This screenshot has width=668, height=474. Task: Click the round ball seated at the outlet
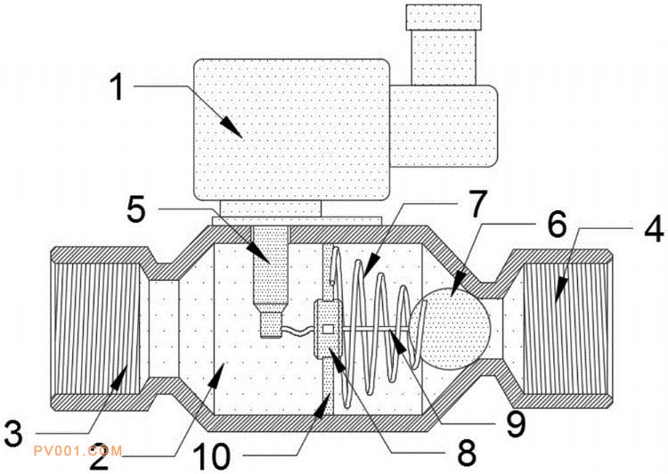pyautogui.click(x=453, y=326)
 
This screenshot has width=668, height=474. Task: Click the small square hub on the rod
pyautogui.click(x=330, y=331)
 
